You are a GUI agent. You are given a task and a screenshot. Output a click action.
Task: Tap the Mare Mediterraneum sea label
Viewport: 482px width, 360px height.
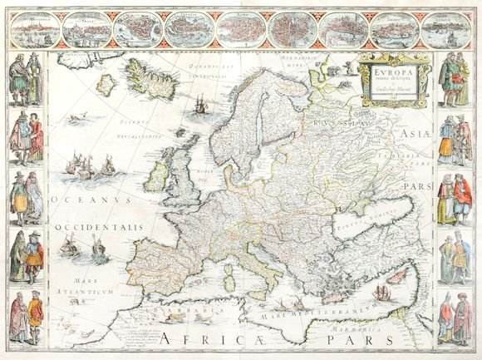click(x=330, y=315)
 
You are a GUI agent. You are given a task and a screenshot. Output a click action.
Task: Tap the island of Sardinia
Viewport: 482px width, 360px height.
click(x=229, y=283)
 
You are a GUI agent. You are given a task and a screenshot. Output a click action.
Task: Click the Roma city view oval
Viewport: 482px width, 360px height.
click(x=241, y=31)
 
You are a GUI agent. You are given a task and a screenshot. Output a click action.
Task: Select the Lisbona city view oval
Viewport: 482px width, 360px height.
click(x=395, y=31)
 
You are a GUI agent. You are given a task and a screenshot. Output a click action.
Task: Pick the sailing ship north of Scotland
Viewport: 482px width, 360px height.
click(x=200, y=106)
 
